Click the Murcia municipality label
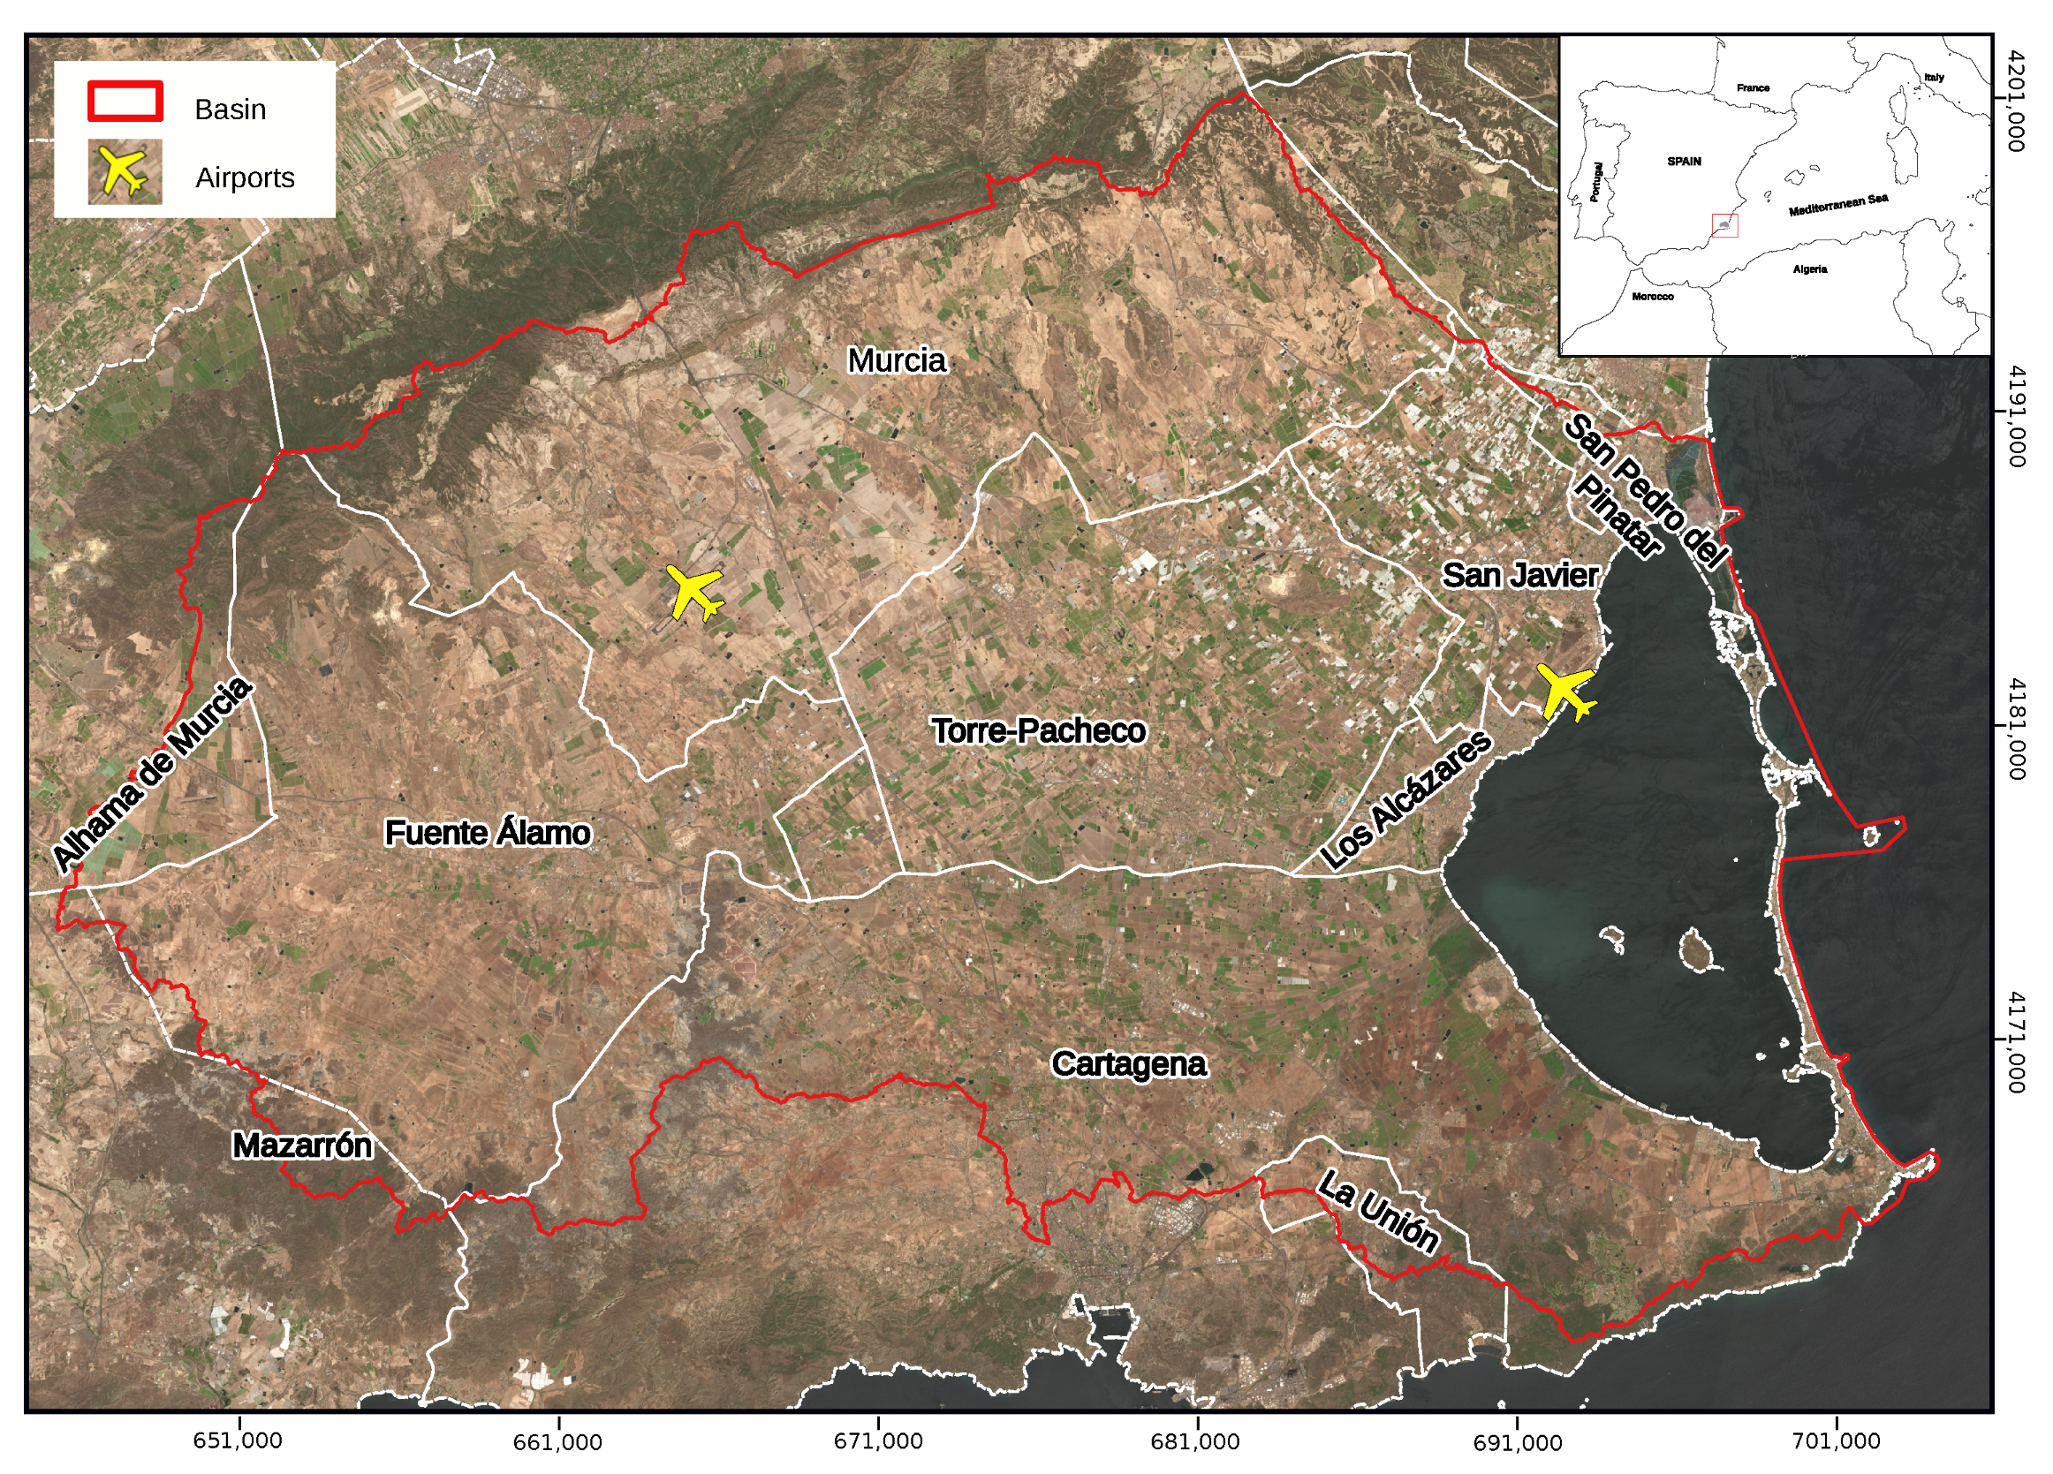896,360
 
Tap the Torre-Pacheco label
1038,730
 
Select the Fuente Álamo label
487,833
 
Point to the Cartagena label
1128,1064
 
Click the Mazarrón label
301,1145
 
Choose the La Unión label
1377,1212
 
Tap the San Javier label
1519,575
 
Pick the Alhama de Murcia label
152,775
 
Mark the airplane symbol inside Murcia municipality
695,593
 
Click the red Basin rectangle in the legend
125,102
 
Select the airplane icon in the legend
125,172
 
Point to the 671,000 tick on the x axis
877,1440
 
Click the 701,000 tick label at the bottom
1836,1440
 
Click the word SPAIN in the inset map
1684,162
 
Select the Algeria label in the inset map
1809,269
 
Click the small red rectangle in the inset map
1724,225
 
